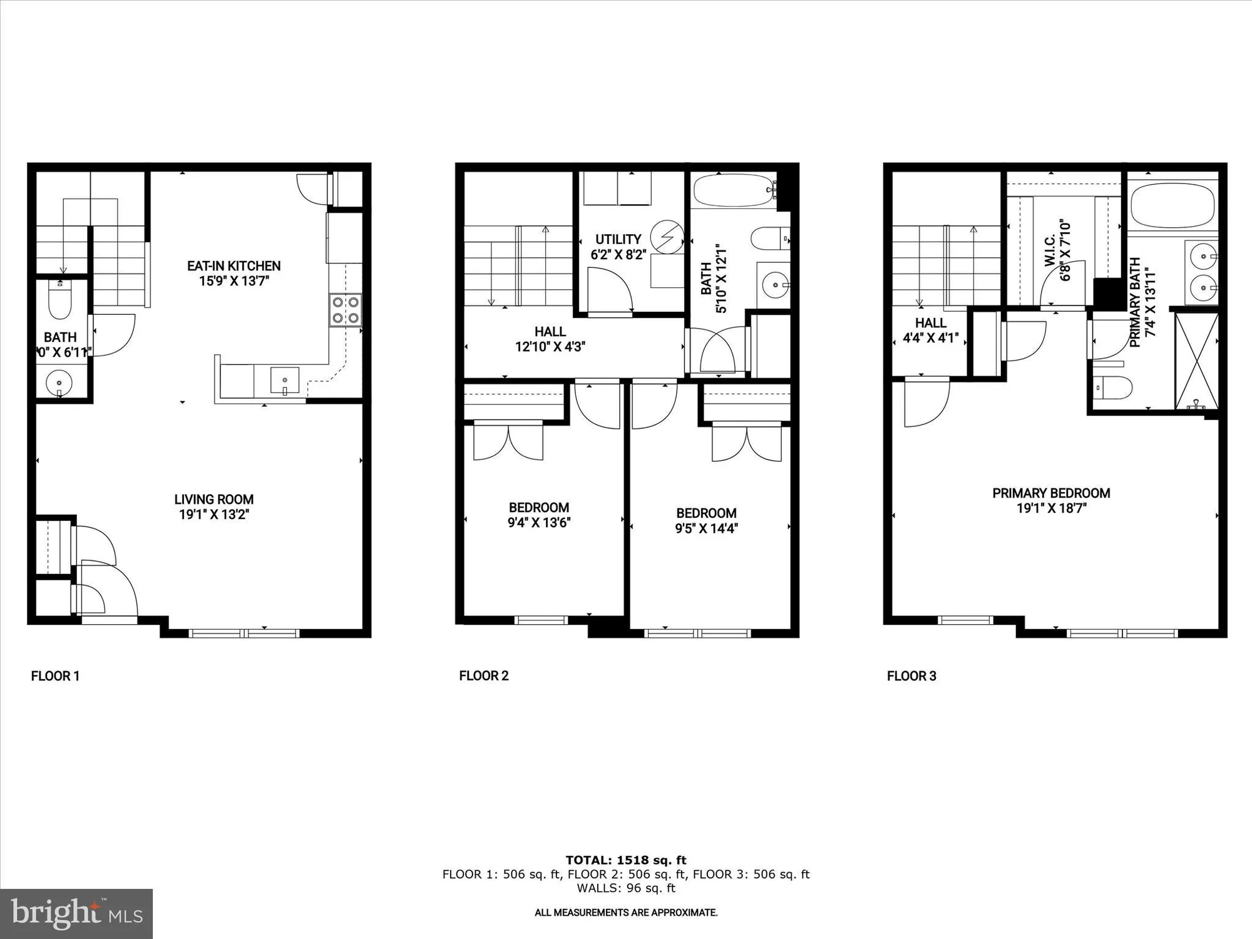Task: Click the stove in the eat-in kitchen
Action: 346,310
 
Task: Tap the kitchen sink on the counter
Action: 284,381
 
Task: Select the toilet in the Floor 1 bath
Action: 60,304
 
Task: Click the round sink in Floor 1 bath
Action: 59,381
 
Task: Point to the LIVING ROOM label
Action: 213,500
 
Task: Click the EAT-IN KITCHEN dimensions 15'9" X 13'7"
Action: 233,281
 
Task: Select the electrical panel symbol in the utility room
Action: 667,237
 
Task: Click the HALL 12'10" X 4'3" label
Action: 550,339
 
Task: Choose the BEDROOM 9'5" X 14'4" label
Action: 706,520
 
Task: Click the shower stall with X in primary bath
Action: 1196,361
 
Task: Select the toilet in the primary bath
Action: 1113,387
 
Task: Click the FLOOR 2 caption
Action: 483,676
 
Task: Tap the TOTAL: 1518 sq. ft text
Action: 625,860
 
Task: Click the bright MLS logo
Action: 76,914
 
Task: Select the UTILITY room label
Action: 618,239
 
